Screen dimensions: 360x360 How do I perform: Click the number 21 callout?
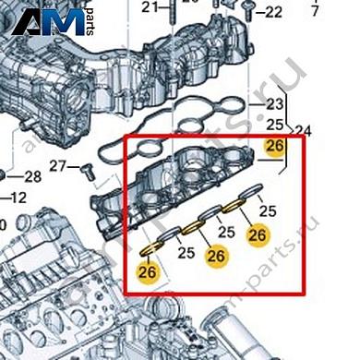150,9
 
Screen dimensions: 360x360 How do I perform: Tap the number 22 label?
274,13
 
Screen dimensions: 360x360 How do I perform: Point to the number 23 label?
274,104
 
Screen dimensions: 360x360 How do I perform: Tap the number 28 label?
32,176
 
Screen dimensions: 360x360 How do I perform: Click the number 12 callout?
18,196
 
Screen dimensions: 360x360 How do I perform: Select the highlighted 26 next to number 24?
274,145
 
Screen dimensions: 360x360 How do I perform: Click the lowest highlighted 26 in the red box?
147,271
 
